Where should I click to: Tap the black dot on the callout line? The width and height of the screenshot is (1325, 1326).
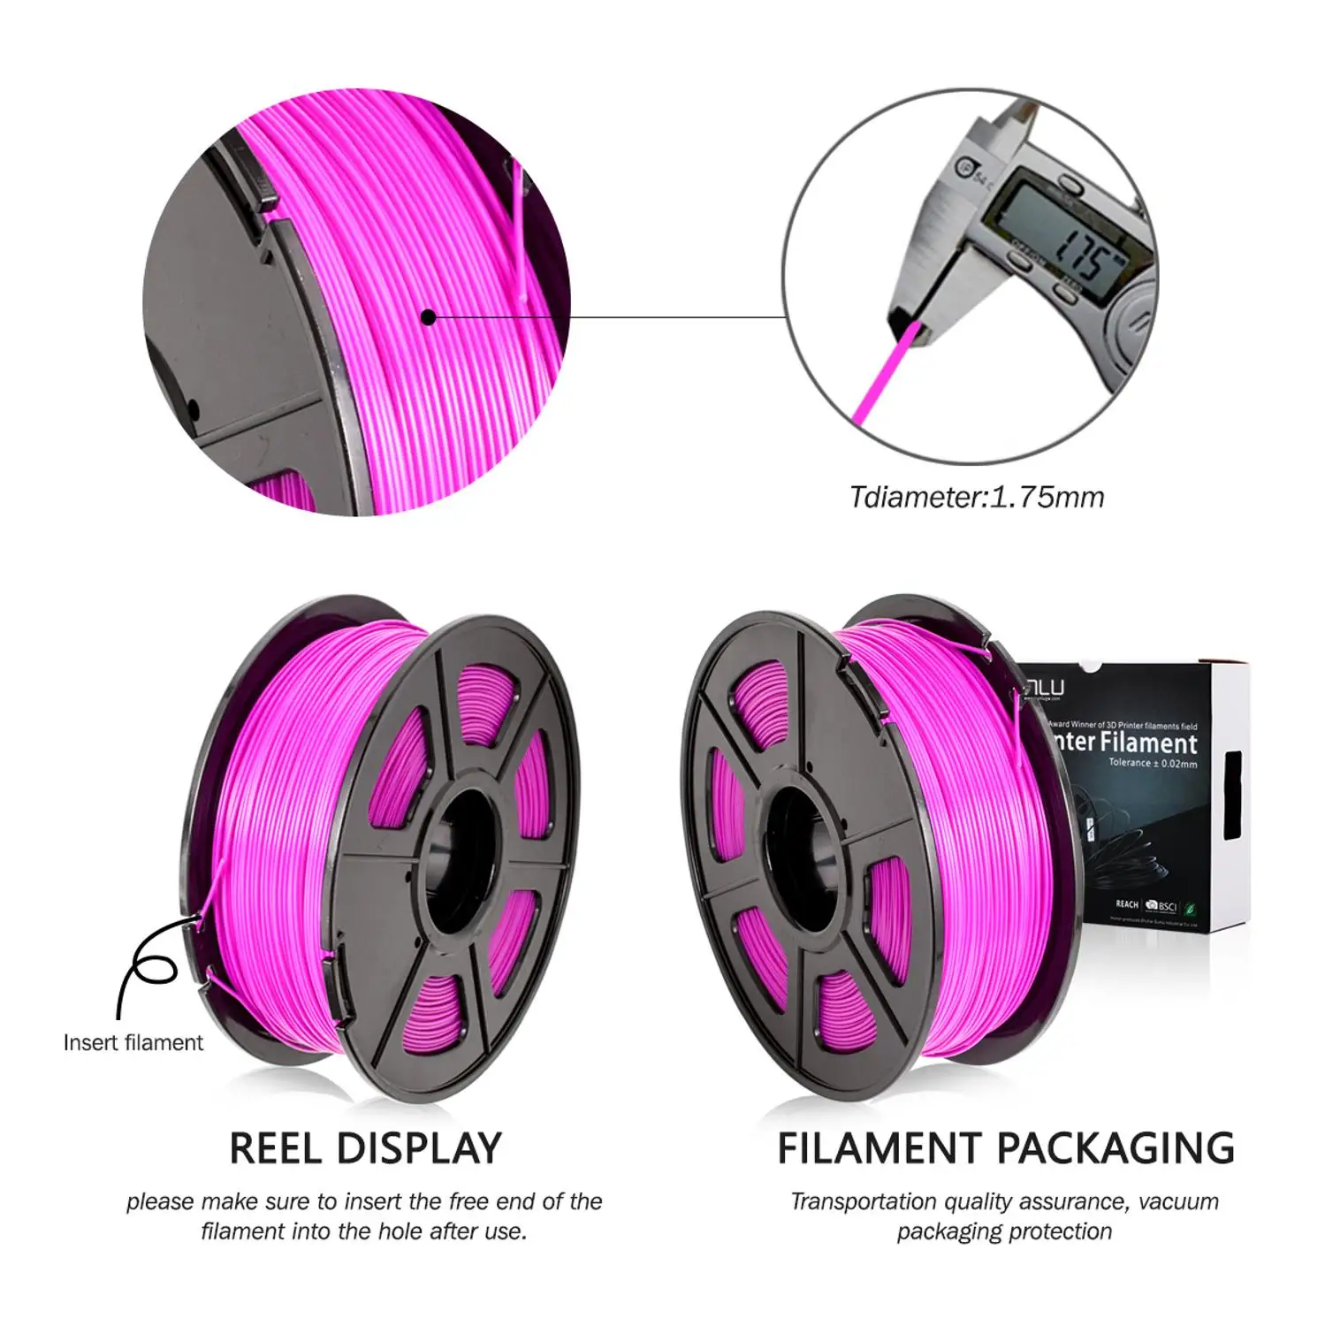pyautogui.click(x=429, y=317)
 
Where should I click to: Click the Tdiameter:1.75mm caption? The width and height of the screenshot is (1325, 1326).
pyautogui.click(x=977, y=498)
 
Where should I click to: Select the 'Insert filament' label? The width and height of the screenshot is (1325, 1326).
pyautogui.click(x=133, y=1043)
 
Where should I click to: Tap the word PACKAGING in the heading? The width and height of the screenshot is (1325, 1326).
pyautogui.click(x=1116, y=1148)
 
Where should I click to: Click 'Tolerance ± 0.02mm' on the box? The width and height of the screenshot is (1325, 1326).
pyautogui.click(x=1153, y=763)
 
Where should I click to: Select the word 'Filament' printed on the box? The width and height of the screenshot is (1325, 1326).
pyautogui.click(x=1148, y=743)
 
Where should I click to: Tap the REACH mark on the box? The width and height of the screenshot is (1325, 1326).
pyautogui.click(x=1126, y=904)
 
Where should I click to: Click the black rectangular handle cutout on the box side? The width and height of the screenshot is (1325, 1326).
pyautogui.click(x=1232, y=796)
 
